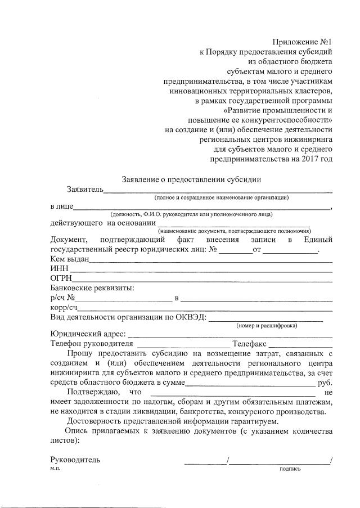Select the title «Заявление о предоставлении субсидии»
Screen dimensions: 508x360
192,179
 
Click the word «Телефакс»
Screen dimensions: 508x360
250,343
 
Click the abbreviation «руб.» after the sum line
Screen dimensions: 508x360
325,382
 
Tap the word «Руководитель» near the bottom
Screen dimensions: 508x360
75,459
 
